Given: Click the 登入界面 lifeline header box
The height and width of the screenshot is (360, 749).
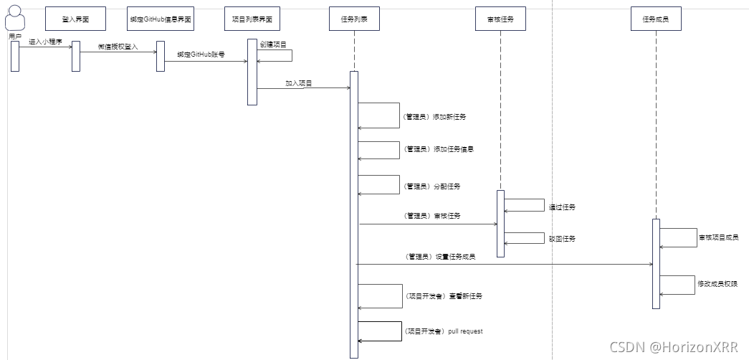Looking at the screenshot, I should [x=75, y=19].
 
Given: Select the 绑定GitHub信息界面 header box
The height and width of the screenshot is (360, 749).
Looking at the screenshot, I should [x=161, y=19].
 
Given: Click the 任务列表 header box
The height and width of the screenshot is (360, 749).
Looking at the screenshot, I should [x=354, y=19].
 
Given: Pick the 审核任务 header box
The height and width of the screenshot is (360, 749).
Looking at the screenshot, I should [x=500, y=19].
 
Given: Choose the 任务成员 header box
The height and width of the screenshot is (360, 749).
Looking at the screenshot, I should [x=656, y=19].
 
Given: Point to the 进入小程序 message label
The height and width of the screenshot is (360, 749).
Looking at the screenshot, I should [x=44, y=42].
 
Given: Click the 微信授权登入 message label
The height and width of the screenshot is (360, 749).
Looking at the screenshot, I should [x=117, y=46].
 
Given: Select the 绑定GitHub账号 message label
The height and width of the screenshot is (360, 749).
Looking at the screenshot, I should [x=201, y=55].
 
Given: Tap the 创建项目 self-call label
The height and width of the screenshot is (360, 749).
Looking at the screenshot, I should [x=273, y=44].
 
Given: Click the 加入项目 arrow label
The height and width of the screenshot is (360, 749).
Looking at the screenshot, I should [x=299, y=83].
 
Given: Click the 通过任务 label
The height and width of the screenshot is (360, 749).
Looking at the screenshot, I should [x=562, y=207].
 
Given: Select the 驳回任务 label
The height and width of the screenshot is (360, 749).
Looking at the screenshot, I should [x=562, y=239].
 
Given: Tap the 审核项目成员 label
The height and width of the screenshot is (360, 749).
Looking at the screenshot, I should [x=717, y=237].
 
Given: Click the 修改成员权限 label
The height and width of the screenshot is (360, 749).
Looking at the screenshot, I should [x=717, y=284].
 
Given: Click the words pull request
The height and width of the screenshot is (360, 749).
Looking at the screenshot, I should [x=465, y=331].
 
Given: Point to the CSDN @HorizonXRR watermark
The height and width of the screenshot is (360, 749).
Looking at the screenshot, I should [x=673, y=347].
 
